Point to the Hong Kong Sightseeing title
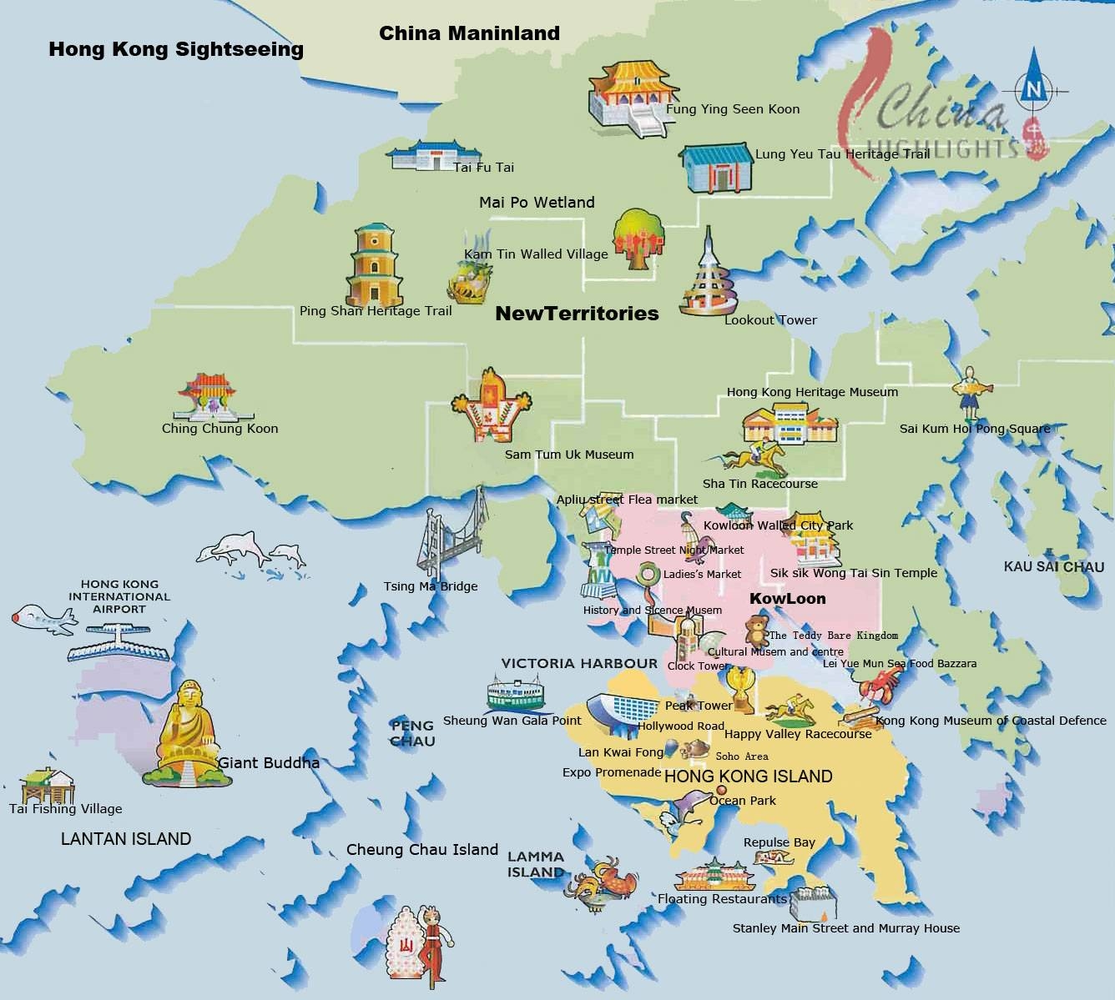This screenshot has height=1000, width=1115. coord(176,49)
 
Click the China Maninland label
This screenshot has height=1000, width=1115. coord(469,33)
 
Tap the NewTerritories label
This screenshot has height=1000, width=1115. coord(577,314)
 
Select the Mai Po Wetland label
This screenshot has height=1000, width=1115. coord(537,202)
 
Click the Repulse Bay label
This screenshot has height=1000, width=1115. coord(779,842)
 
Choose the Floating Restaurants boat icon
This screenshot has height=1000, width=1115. coord(714,876)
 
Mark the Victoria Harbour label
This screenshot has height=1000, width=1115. coord(579,663)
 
